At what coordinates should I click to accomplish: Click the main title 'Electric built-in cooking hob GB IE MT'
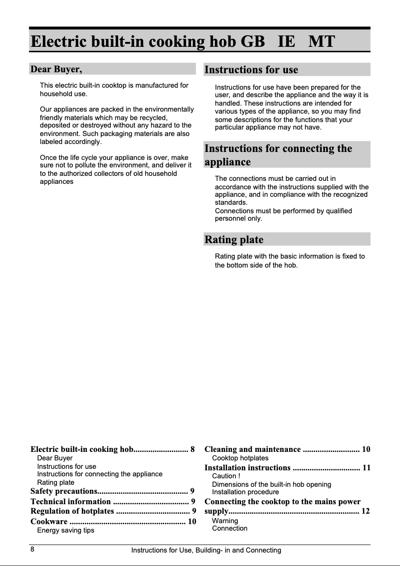[x=183, y=41]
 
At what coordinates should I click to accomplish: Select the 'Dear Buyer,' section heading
[x=56, y=69]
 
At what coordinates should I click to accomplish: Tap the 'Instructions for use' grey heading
[x=251, y=69]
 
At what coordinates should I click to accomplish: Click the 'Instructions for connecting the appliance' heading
[x=278, y=155]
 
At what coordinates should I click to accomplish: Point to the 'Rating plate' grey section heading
[x=233, y=240]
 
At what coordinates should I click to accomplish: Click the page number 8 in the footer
[x=32, y=550]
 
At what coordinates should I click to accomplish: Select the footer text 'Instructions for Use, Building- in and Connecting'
[x=206, y=550]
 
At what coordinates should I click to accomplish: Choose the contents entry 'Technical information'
[x=70, y=501]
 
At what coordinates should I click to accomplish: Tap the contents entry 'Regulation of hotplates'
[x=72, y=511]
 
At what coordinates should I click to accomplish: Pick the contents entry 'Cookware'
[x=49, y=522]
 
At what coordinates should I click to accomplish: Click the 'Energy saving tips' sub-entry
[x=66, y=530]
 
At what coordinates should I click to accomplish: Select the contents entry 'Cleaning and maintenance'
[x=253, y=449]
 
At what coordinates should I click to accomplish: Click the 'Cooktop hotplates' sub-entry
[x=240, y=458]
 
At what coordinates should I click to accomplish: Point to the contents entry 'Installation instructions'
[x=247, y=467]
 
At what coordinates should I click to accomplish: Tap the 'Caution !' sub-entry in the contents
[x=226, y=476]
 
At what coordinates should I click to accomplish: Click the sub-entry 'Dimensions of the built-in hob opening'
[x=271, y=484]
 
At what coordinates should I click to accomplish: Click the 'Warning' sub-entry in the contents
[x=225, y=521]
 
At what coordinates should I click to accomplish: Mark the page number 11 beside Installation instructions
[x=366, y=467]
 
